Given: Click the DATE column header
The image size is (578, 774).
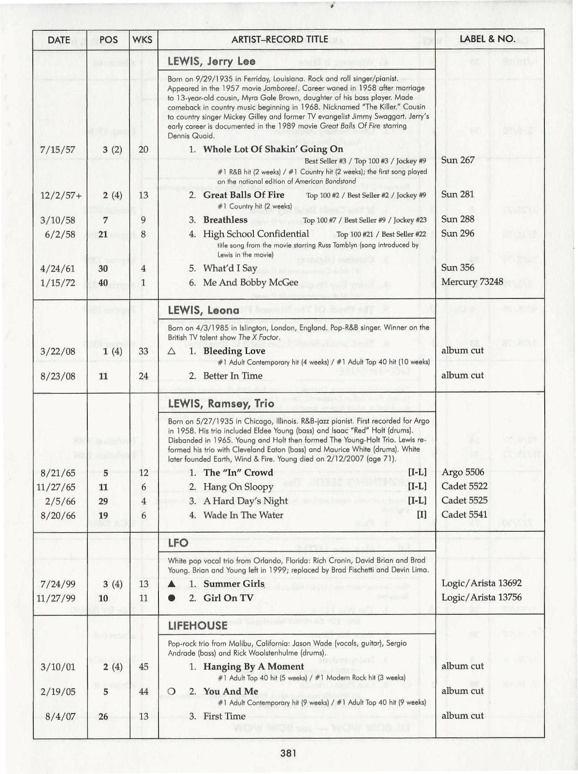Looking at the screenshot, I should tap(59, 40).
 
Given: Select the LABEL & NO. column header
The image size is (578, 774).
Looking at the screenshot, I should tap(487, 40).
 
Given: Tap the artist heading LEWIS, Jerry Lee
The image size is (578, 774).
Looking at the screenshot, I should tap(212, 61).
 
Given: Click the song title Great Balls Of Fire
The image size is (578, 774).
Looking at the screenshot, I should tap(244, 195).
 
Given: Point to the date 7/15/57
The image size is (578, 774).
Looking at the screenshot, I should tap(58, 149).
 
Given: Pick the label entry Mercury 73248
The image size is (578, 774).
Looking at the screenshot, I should tap(472, 282).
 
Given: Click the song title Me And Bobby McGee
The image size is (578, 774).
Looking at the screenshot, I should tap(250, 282).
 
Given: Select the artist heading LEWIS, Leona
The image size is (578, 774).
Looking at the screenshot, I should tap(204, 310).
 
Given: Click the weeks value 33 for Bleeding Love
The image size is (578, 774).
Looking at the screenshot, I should tap(144, 351).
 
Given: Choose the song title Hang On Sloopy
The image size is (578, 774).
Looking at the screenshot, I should tap(238, 487).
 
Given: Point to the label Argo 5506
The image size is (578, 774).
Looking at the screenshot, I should tap(463, 472).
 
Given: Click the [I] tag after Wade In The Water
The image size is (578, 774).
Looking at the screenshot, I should tap(421, 515).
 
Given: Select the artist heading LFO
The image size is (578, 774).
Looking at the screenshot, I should tap(178, 543).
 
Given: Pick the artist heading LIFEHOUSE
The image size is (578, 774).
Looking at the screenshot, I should tap(198, 625).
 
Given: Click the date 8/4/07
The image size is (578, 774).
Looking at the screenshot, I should tap(60, 716).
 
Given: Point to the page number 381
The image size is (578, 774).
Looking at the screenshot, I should tap(288, 753).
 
